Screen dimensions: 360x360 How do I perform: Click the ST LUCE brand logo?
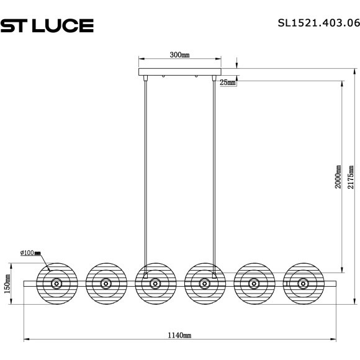pos(47,25)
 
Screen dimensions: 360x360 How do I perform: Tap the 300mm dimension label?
pos(179,55)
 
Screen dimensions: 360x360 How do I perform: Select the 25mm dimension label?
pos(227,83)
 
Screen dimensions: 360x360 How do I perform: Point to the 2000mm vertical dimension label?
pos(338,177)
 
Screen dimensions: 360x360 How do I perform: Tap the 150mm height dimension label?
pos(8,286)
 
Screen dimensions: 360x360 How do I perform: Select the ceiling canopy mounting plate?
pos(179,71)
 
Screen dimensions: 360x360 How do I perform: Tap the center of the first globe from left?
pos(56,284)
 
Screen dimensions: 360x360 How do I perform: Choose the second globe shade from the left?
pos(106,284)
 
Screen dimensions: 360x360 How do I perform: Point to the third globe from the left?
pos(155,284)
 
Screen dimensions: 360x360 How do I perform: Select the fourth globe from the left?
pos(204,284)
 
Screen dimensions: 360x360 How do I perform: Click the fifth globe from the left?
pos(253,284)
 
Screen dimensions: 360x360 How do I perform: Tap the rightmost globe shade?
pos(302,284)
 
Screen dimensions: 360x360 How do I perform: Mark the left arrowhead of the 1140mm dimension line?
pos(26,341)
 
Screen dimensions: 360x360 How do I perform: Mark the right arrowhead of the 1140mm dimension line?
pos(334,341)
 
